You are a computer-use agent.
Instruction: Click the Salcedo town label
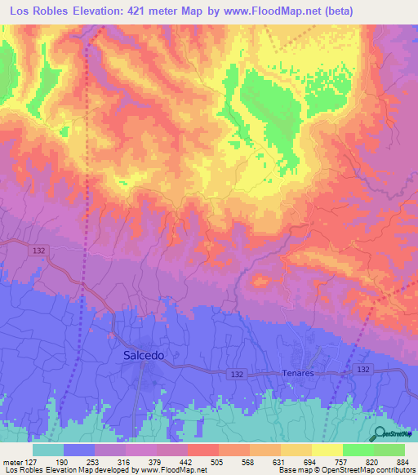[x=144, y=355]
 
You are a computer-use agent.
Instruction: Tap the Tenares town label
[x=298, y=372]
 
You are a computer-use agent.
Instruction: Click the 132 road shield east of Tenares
[x=363, y=370]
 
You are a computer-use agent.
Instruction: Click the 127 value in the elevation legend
[x=29, y=460]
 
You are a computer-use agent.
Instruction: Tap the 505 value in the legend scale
[x=216, y=460]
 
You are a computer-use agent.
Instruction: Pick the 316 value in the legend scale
[x=122, y=460]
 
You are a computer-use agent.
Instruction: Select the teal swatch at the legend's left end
[x=47, y=450]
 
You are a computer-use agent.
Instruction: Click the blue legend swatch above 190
[x=78, y=450]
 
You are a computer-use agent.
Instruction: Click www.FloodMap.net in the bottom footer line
[x=174, y=470]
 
